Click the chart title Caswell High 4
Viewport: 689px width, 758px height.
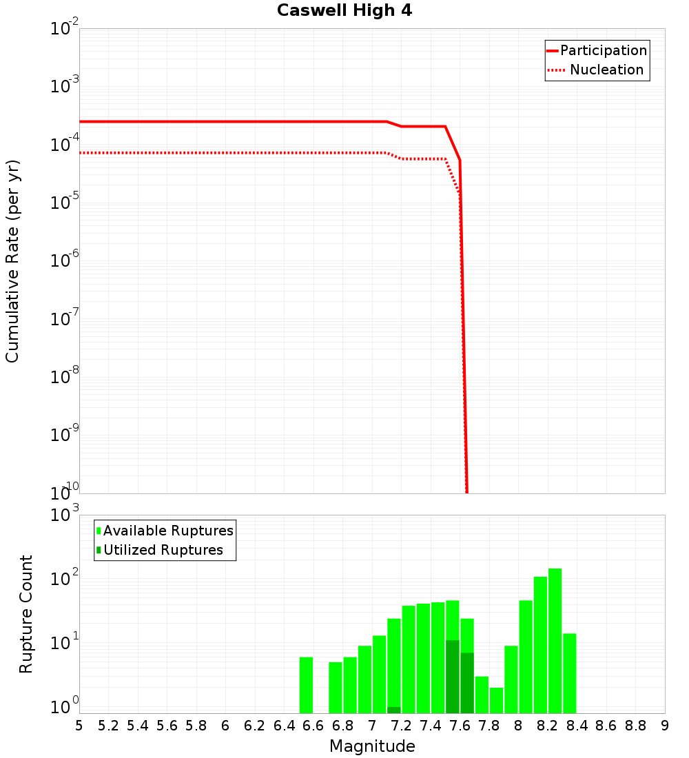344,11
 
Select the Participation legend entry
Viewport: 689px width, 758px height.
603,50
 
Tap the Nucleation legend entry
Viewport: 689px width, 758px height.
606,70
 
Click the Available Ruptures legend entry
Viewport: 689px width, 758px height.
168,531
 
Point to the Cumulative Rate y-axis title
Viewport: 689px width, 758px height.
12,261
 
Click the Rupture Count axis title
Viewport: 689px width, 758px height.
26,613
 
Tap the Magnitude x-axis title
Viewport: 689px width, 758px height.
372,746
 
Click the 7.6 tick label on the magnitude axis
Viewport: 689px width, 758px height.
460,726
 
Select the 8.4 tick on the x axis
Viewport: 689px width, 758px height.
577,726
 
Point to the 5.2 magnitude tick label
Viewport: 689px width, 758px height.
109,726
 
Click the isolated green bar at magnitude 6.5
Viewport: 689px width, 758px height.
306,685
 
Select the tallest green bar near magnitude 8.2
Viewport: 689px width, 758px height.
555,641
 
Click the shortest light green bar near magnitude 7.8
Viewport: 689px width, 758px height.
496,700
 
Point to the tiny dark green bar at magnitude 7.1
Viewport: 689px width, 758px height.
393,710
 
